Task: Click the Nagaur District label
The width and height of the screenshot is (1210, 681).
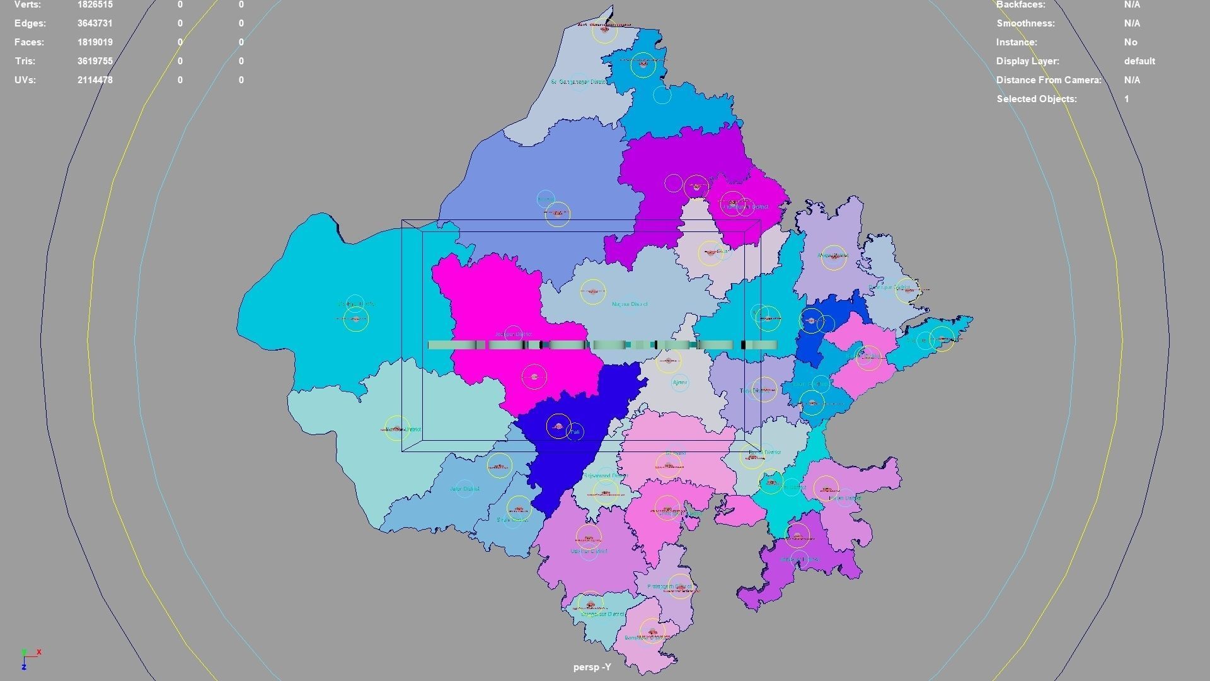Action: (629, 304)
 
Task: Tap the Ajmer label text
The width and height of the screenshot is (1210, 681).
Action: (679, 383)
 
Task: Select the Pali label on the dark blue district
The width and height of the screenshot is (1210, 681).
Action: (575, 432)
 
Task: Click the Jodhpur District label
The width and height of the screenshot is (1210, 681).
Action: (513, 334)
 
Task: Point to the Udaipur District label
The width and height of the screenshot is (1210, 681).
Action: (589, 551)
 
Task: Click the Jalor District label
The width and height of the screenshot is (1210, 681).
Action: (464, 489)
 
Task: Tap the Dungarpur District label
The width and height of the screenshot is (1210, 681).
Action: (602, 614)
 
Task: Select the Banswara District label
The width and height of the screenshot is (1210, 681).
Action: (647, 637)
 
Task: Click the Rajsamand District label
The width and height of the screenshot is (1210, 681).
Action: (605, 476)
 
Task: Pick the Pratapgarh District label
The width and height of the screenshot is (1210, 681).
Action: (669, 587)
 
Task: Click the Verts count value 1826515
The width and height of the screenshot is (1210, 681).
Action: (95, 4)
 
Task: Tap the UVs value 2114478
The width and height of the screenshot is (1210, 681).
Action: (95, 80)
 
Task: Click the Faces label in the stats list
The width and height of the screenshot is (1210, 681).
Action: (29, 42)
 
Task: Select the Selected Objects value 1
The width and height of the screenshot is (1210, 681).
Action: (1126, 99)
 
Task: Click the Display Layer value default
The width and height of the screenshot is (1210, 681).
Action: (1139, 61)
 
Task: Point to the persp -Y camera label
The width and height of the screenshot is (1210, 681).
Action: (592, 667)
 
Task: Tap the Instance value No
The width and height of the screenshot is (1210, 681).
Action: (1130, 42)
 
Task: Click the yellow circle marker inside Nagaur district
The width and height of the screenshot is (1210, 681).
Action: (592, 292)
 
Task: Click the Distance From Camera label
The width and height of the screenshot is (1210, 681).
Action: (1048, 80)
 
